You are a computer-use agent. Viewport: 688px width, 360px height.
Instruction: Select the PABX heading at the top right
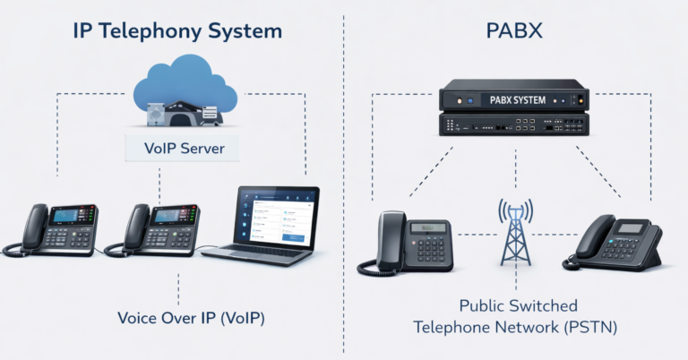[x=514, y=31]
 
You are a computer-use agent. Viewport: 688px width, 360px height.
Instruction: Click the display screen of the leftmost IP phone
[x=67, y=216]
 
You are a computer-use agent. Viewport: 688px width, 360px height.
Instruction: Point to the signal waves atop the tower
[x=514, y=209]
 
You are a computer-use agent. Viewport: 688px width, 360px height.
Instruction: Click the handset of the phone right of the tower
[x=591, y=237]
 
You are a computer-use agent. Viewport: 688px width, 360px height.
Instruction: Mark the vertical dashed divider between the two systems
[x=344, y=179]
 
